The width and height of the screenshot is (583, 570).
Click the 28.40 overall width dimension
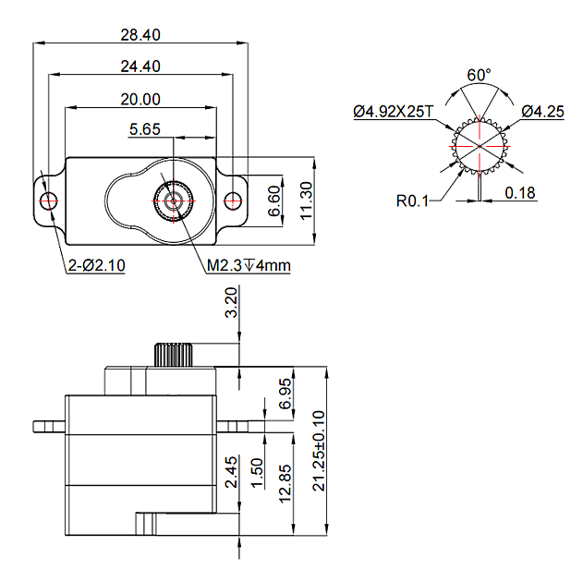(141, 35)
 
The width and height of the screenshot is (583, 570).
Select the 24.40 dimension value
(141, 67)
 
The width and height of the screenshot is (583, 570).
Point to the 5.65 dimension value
(147, 130)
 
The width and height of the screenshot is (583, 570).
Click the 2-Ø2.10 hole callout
(97, 266)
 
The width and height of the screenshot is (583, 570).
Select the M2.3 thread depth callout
(249, 266)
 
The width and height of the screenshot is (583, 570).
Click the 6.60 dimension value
(274, 200)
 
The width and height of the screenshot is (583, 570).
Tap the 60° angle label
(479, 75)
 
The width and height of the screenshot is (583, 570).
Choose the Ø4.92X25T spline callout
(393, 112)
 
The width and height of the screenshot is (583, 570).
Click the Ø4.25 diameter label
(542, 112)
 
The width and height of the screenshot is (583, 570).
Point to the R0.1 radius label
(412, 199)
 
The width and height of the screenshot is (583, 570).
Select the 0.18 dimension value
(521, 193)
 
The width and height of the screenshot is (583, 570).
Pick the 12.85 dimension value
(285, 483)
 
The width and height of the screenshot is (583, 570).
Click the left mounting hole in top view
(48, 200)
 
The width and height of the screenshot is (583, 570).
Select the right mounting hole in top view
(235, 200)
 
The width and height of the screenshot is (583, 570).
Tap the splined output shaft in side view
(173, 354)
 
